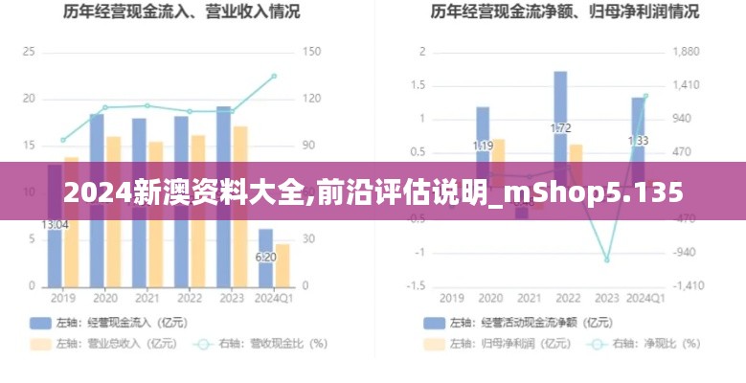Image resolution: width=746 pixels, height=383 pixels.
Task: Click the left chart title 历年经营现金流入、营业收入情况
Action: [x=181, y=12]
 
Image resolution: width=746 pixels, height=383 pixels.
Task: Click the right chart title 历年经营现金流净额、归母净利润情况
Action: [x=564, y=12]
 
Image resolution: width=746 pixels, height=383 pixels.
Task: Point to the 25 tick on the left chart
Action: [x=28, y=52]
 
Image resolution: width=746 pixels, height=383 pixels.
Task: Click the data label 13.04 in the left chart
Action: [x=55, y=225]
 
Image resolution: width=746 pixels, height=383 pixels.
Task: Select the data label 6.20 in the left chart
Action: [x=265, y=257]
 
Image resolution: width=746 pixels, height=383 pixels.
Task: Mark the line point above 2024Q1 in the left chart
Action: [x=274, y=76]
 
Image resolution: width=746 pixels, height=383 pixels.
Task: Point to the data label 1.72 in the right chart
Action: [x=560, y=127]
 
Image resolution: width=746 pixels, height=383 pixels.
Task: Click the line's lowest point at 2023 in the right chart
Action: [x=606, y=259]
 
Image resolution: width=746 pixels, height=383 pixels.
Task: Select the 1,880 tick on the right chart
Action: [x=686, y=52]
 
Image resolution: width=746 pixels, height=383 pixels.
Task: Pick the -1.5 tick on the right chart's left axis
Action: [x=416, y=286]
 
